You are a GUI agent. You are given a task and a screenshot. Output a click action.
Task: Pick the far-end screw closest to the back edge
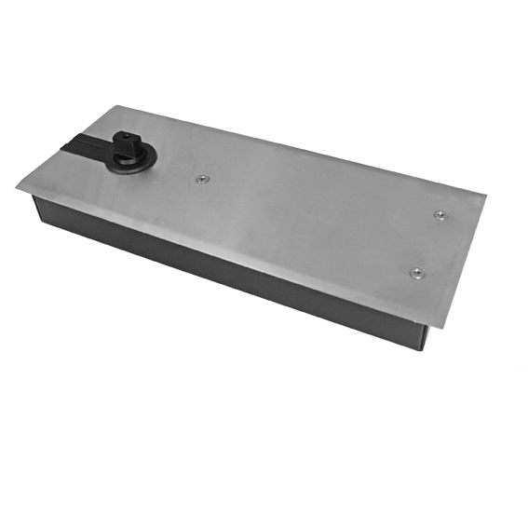[x=440, y=215]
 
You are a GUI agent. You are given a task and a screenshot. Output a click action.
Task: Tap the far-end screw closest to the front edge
[x=415, y=272]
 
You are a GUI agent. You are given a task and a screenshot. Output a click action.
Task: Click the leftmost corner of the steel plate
[x=17, y=187]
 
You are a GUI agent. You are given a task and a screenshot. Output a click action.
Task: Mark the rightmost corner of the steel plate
[x=485, y=196]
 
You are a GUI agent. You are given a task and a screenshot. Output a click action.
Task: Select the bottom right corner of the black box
[x=424, y=349]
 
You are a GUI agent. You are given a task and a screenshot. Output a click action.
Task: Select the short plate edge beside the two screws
[x=465, y=261]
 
